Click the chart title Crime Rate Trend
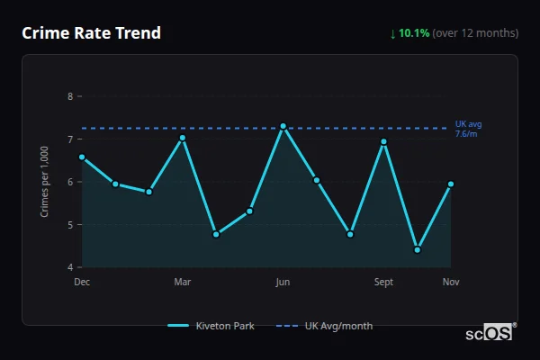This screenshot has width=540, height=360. (92, 33)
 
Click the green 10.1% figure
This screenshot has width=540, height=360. (414, 33)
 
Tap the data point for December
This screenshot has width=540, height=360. (82, 157)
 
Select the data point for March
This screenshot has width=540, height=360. (183, 138)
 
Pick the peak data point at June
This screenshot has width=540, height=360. (283, 126)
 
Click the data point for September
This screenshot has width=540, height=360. (383, 141)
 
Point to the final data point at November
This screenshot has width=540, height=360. (451, 184)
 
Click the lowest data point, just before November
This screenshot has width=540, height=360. (418, 249)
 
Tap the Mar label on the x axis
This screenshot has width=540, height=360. (183, 283)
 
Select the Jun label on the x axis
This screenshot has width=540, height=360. (283, 283)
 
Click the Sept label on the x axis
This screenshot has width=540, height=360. (383, 283)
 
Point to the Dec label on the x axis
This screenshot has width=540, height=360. (82, 283)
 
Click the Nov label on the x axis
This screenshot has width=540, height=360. (451, 283)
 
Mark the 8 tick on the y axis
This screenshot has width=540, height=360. (70, 96)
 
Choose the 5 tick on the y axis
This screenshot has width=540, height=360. (70, 225)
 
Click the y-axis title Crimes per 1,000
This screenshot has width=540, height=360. (45, 182)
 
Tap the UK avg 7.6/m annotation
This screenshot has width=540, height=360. (468, 129)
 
